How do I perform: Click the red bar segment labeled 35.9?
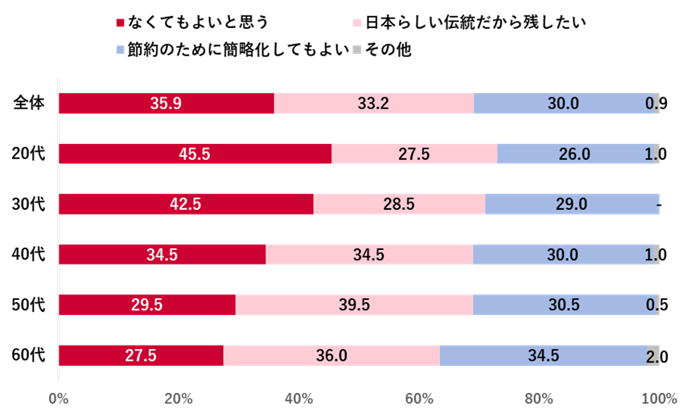(x=167, y=103)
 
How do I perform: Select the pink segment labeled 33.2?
(x=374, y=103)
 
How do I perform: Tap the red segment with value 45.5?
(x=195, y=154)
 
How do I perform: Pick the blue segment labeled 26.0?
(x=574, y=154)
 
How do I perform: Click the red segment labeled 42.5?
(x=186, y=204)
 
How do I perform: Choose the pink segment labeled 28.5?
(x=399, y=204)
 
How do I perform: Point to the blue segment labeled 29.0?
(x=571, y=204)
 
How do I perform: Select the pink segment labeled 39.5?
(x=354, y=305)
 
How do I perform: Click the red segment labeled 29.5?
(x=147, y=305)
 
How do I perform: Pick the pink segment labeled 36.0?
(x=331, y=355)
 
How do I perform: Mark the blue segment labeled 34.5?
(x=543, y=355)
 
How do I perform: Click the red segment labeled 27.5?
(x=141, y=355)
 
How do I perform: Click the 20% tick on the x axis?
(x=179, y=399)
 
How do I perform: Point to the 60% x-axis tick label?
(x=419, y=399)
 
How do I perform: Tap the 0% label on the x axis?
(x=59, y=399)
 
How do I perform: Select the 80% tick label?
(x=539, y=399)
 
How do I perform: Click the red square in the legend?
(x=121, y=23)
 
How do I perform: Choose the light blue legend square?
(x=121, y=50)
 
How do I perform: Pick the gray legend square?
(x=357, y=50)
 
